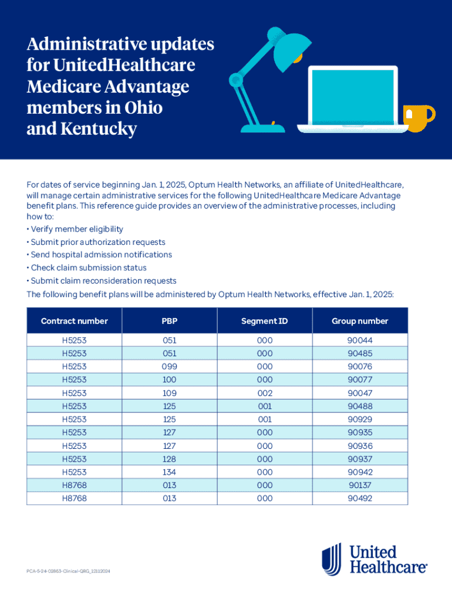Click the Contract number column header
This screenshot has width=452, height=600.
coord(75,321)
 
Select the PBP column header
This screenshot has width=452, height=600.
coord(169,321)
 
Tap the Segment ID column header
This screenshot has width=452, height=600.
coord(265,321)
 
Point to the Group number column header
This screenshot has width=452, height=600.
coord(360,321)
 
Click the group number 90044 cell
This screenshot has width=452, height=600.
coord(360,340)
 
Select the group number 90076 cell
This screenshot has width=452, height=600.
coord(360,367)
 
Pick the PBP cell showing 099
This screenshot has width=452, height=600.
coord(169,367)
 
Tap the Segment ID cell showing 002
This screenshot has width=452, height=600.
coord(265,393)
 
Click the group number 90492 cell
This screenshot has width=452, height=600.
coord(360,499)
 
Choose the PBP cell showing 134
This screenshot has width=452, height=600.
coord(169,472)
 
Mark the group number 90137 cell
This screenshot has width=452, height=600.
coord(360,485)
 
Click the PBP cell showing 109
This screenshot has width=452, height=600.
coord(169,393)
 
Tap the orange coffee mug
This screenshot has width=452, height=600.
coord(419,118)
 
